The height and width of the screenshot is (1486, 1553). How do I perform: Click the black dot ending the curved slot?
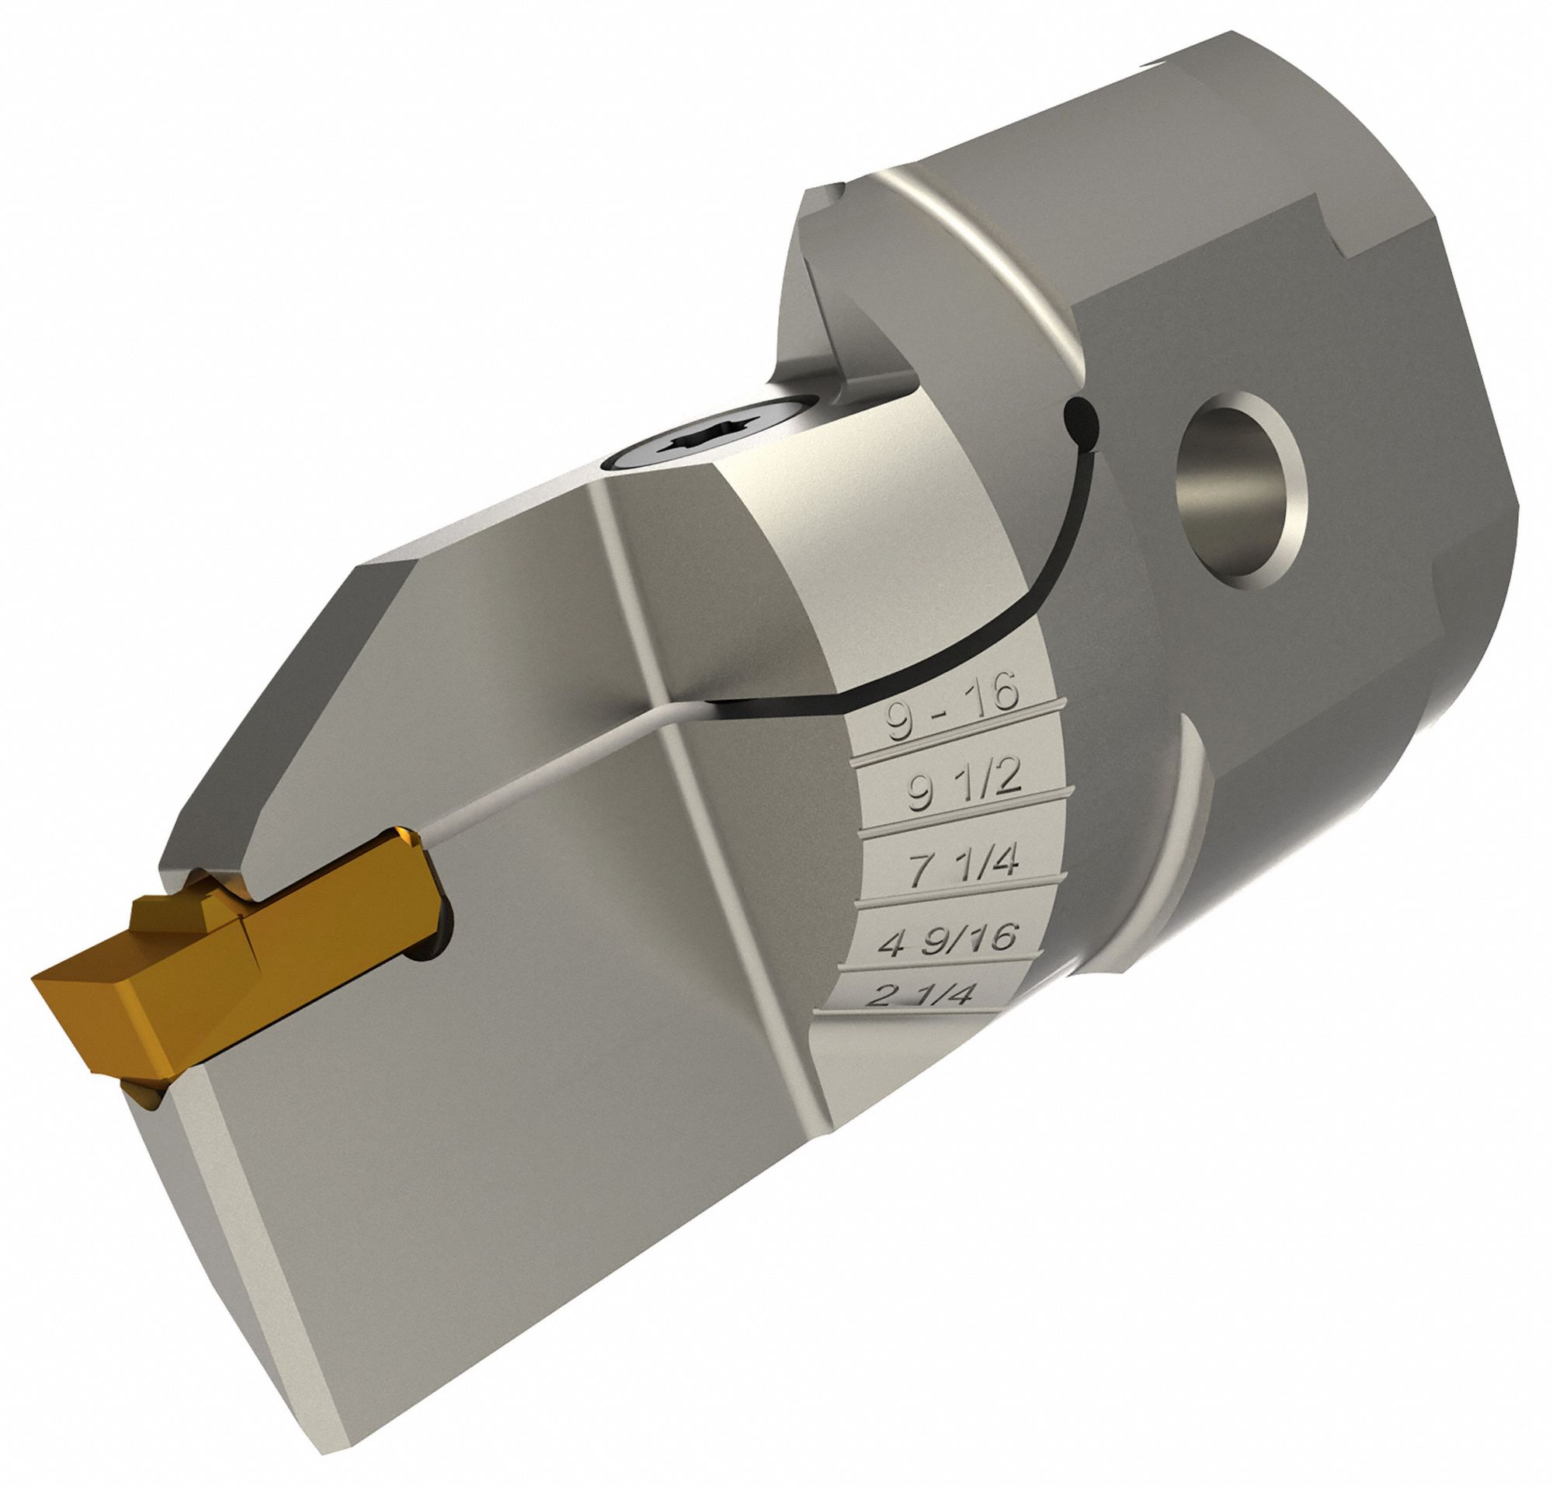point(1079,415)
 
